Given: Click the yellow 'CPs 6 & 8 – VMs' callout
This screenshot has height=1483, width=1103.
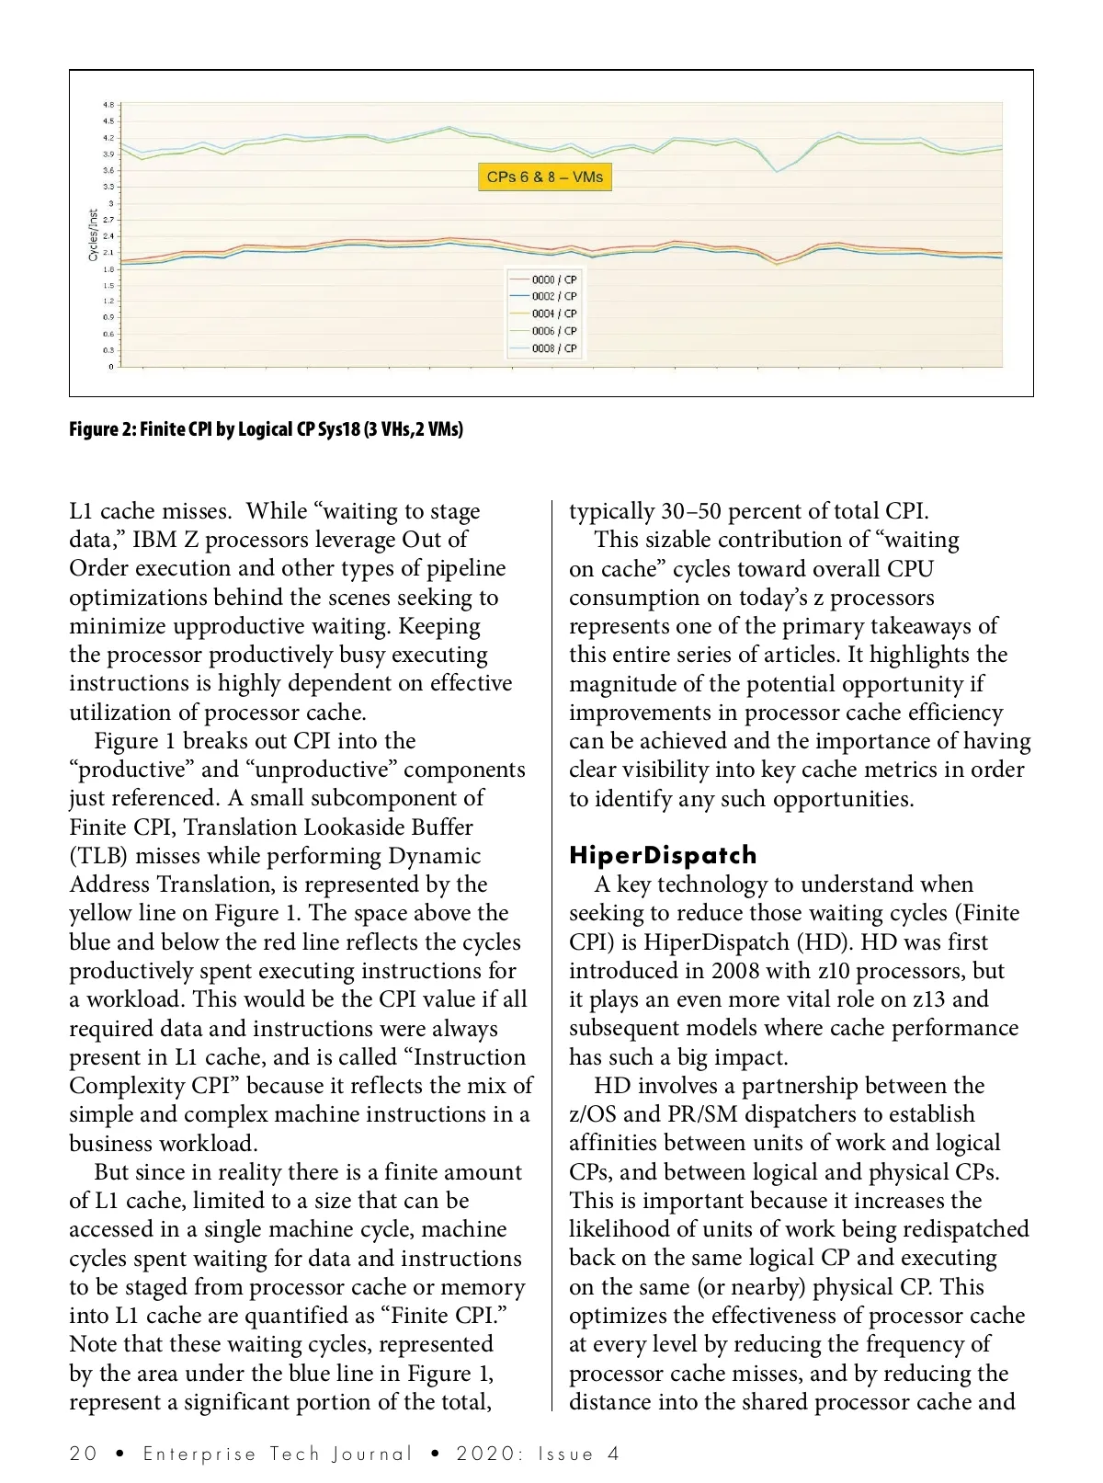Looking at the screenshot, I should pos(545,177).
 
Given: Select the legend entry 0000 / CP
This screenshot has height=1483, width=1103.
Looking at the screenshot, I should pos(553,279).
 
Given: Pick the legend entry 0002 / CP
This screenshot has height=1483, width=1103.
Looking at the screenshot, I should pos(553,297).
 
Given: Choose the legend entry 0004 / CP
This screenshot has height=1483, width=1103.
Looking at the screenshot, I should pos(553,314).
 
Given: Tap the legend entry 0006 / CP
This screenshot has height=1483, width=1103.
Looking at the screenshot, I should pos(553,331).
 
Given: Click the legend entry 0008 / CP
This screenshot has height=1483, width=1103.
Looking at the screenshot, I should pos(553,348).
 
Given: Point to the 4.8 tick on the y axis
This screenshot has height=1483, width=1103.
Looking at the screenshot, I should pos(108,105).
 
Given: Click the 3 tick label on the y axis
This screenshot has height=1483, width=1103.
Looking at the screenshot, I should pos(111,203).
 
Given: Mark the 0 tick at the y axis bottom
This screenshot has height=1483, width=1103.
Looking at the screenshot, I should pos(111,367).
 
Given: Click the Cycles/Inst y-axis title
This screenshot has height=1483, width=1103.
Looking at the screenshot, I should pos(94,235).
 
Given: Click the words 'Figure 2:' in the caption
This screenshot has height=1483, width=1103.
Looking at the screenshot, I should pos(102,429).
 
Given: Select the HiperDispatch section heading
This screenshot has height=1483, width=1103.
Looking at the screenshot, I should pos(663,855).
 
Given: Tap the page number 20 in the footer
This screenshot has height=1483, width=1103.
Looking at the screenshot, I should pos(83,1454).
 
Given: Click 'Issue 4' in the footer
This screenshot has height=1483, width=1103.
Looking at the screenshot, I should pos(579,1454).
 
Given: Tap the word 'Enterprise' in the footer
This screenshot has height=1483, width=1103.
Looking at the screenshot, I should pos(199,1454).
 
